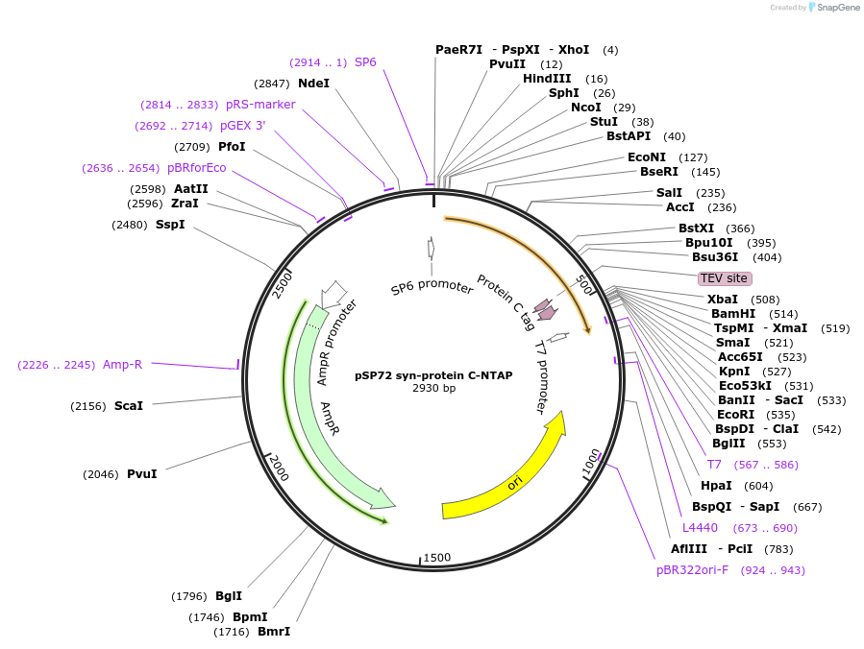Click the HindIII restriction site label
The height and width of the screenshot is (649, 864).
pos(547,79)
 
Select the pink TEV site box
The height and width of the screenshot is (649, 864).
pos(724,278)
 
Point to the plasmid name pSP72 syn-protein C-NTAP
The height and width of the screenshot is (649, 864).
pos(433,375)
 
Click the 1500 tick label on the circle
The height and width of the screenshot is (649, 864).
pos(437,558)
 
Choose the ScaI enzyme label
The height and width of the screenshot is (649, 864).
pos(129,406)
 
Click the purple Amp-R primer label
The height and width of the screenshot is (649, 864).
pos(122,365)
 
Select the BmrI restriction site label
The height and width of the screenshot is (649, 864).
pos(274,632)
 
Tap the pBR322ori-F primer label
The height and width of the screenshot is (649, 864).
pos(692,570)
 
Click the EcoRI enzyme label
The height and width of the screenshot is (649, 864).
pos(735,415)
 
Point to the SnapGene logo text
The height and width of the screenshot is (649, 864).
pos(838,8)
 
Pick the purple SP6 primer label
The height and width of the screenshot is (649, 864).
pos(365,62)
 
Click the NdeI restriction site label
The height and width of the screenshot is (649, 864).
pos(313,84)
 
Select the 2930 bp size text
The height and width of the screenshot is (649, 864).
pos(433,388)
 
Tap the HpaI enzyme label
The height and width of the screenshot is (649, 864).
pos(716,486)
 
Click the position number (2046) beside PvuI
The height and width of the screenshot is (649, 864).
pos(101,474)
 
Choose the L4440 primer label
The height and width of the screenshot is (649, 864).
pos(700,528)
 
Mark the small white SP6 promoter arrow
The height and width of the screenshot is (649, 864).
pos(431,249)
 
